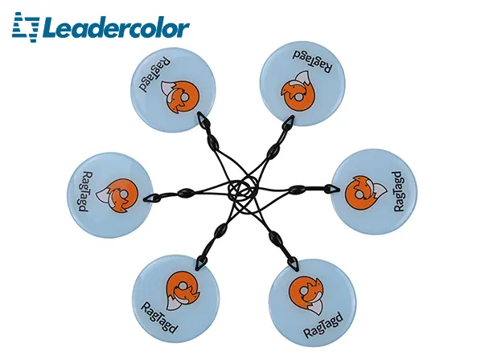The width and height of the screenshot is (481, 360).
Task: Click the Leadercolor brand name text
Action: coord(117,28)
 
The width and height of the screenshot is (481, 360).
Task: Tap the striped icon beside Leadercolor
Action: coord(26,27)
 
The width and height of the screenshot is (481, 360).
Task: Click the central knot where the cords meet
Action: coord(243,190)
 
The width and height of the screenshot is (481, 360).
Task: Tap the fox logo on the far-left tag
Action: coord(118,196)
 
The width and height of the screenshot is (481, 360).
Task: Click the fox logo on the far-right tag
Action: coord(364,193)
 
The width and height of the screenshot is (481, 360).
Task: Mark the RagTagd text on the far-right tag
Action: coord(398,191)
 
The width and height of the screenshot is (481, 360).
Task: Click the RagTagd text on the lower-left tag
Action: coord(159,317)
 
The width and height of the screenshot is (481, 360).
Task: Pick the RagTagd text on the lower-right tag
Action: coord(323,325)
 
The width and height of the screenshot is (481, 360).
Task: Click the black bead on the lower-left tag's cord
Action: coord(221,231)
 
